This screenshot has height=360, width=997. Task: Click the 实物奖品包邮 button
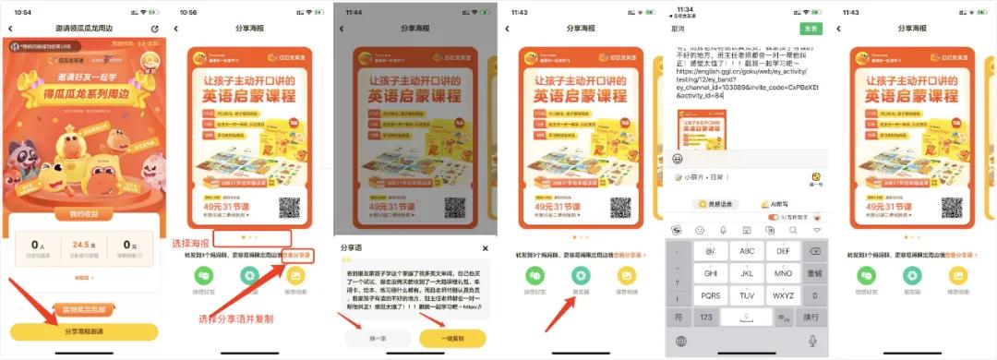pyautogui.click(x=84, y=308)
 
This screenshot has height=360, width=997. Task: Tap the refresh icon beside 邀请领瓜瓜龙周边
pyautogui.click(x=155, y=30)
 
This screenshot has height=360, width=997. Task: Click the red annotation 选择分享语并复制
pyautogui.click(x=236, y=319)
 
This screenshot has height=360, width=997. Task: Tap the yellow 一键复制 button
pyautogui.click(x=452, y=339)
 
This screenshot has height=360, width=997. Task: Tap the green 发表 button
pyautogui.click(x=811, y=29)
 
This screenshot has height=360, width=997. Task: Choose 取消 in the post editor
pyautogui.click(x=678, y=29)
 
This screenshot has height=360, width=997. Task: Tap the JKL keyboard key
pyautogui.click(x=748, y=273)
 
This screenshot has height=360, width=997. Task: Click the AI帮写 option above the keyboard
pyautogui.click(x=774, y=204)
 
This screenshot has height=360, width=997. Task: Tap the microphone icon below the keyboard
pyautogui.click(x=812, y=342)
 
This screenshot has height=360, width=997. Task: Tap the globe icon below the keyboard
pyautogui.click(x=681, y=342)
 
